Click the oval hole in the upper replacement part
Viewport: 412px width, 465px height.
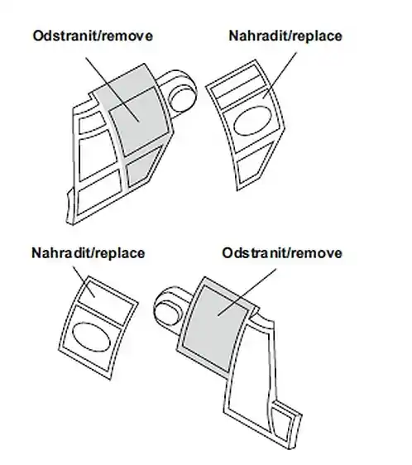(x=252, y=121)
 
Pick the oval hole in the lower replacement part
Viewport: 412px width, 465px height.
(x=92, y=337)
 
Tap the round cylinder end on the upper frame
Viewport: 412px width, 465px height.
(x=182, y=96)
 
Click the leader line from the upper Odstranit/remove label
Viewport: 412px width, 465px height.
(x=113, y=89)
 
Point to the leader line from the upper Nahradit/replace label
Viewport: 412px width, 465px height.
(x=280, y=75)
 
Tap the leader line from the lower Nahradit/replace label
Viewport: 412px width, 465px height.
(x=84, y=281)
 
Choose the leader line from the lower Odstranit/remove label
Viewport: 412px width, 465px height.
(x=247, y=292)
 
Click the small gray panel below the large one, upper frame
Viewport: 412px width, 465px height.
(x=143, y=166)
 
